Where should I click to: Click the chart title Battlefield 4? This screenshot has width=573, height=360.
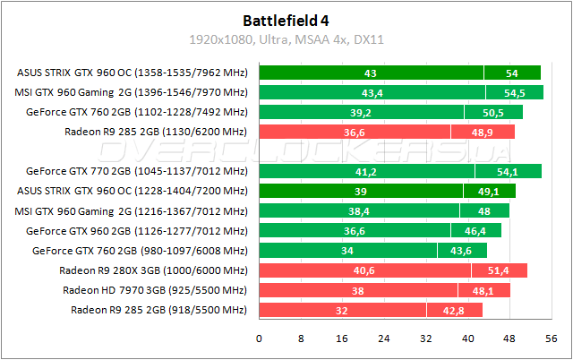click(286, 19)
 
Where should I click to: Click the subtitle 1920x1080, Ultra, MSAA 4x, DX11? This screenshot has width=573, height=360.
click(286, 39)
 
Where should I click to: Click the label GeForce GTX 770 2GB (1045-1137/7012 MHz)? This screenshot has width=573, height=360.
click(136, 171)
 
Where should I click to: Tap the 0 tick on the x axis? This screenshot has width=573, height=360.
click(259, 338)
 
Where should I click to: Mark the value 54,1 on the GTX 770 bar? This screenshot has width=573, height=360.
click(509, 171)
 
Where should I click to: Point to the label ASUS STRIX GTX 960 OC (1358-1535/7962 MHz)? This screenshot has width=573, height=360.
click(132, 73)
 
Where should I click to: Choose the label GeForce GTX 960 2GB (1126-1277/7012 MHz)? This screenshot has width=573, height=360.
click(136, 231)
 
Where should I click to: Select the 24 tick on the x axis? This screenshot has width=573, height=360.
click(383, 338)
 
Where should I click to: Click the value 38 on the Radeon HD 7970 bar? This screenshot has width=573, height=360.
click(358, 290)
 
